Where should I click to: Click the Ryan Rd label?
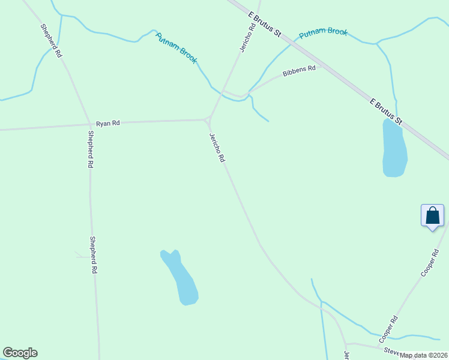coord(108,123)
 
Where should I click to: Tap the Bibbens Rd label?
coord(299,70)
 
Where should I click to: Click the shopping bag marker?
coord(432,216)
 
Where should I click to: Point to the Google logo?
coord(20,353)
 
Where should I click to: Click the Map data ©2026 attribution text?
coord(424,355)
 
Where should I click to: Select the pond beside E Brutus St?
coord(394,148)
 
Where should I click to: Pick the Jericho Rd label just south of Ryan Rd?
coord(217,147)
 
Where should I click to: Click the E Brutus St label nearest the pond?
coord(385,112)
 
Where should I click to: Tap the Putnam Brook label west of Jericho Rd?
coord(176,47)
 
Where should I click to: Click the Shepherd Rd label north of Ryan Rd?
coord(51,40)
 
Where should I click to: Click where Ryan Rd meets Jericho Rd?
coord(208,119)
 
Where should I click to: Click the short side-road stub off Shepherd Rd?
coord(80,255)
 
